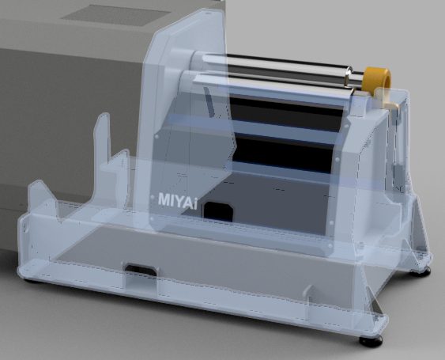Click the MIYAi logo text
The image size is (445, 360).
click(178, 200)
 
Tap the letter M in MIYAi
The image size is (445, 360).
click(164, 199)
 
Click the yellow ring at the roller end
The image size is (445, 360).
click(378, 79)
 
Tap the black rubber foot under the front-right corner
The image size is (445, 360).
click(371, 340)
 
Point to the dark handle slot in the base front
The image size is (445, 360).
click(141, 270)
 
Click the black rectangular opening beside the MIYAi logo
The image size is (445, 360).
click(218, 212)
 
